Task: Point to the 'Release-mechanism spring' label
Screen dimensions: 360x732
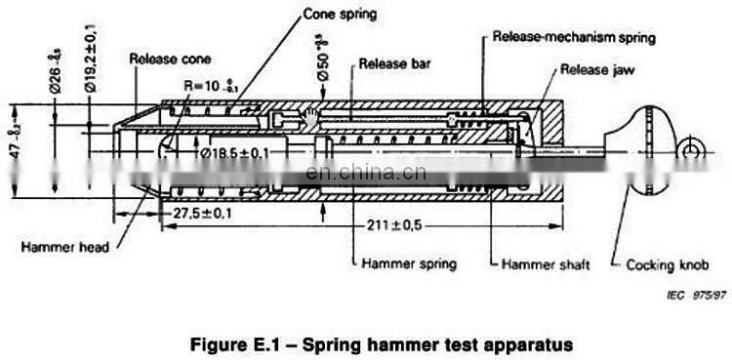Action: click(574, 37)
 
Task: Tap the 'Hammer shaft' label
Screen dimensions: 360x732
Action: click(539, 263)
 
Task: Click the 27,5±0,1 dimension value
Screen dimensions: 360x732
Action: click(203, 212)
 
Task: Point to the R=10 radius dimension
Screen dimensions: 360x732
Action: click(212, 86)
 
